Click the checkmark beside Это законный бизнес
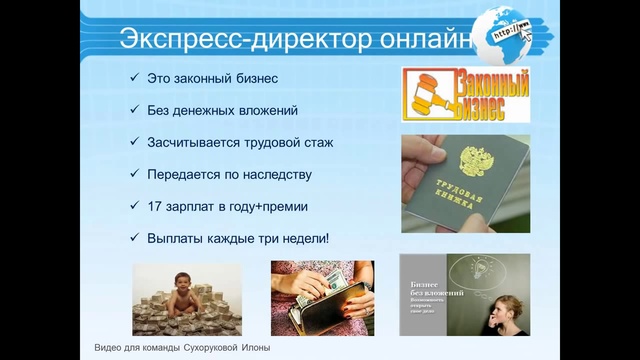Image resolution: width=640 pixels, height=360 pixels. pos(135,78)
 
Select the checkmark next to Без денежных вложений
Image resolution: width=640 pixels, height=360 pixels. pos(135,110)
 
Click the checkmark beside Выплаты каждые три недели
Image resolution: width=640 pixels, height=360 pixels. pos(135,238)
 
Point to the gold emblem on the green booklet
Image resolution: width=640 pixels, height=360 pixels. pos(470,160)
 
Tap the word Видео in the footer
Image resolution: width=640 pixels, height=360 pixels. pos(100,347)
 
